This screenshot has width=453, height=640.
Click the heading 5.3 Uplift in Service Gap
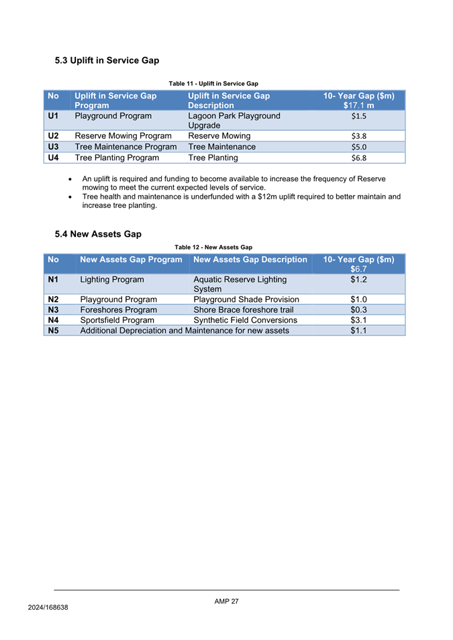coord(107,60)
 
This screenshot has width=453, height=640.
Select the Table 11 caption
coord(213,83)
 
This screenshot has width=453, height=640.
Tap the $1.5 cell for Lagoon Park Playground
coord(358,115)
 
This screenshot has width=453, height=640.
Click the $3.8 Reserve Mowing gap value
coord(358,136)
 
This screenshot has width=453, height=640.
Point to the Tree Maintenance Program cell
coord(125,147)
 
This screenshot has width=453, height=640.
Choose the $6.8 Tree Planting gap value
coord(358,159)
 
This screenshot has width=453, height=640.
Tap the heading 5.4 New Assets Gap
coord(98,234)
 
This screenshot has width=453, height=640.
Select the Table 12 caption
coord(213,248)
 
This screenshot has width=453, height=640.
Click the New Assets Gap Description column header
coord(250,259)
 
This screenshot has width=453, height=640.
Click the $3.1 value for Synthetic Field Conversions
coord(358,320)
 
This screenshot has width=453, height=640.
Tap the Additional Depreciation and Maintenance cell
coord(185,330)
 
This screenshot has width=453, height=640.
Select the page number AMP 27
coord(226,601)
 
